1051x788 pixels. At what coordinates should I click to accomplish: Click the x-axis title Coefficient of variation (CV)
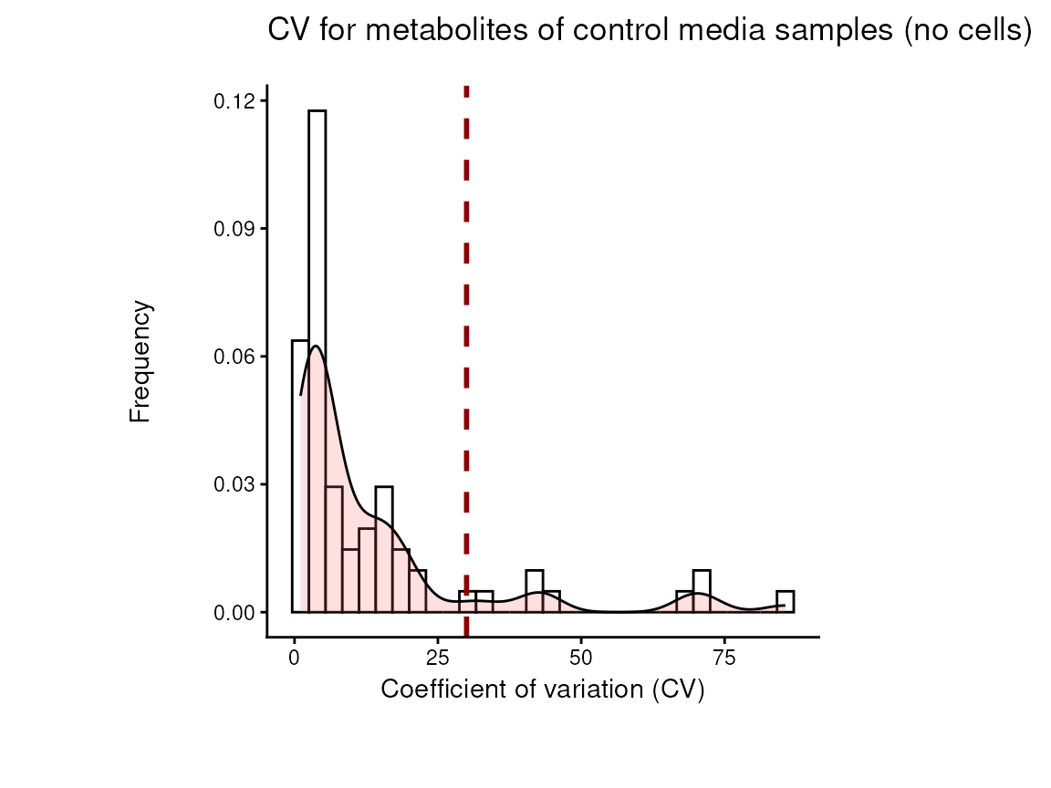pos(543,689)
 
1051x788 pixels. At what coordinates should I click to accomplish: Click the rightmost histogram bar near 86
pos(785,602)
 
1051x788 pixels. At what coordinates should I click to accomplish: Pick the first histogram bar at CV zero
pos(300,474)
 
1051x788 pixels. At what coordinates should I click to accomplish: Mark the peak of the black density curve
pos(316,347)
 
